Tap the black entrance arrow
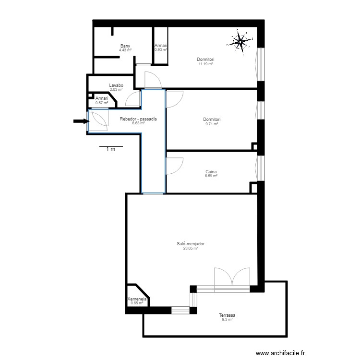81,121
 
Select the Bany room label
126,46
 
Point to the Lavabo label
116,85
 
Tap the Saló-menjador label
191,244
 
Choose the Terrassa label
227,315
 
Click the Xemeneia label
137,299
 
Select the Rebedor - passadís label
139,119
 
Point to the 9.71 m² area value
212,124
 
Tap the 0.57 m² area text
102,102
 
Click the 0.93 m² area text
160,49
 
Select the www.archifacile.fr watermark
281,353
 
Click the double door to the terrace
232,277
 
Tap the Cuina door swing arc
174,166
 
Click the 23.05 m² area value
191,248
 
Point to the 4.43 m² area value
126,49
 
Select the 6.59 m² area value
211,176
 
